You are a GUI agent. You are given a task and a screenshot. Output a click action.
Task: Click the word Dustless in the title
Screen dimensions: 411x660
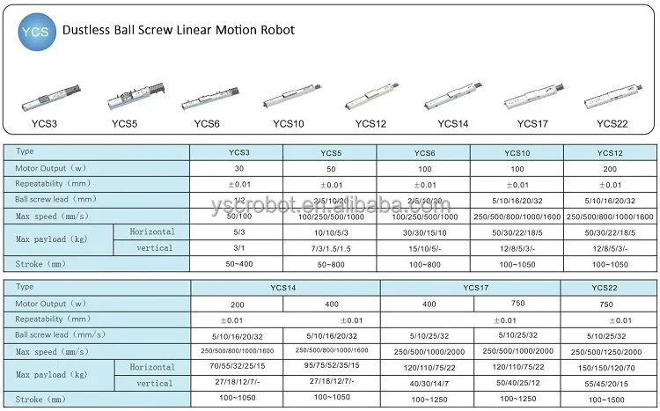click(86, 30)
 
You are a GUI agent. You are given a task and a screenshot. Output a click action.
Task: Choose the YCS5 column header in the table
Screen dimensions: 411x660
click(330, 150)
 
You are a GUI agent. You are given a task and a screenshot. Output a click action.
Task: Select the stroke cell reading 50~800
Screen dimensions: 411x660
click(330, 264)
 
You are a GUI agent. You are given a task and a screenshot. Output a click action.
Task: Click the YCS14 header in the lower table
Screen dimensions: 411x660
click(285, 287)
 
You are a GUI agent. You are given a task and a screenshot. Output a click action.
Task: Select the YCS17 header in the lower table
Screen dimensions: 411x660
click(470, 287)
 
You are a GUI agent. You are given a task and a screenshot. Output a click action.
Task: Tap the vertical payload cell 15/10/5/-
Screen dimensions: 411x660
click(423, 247)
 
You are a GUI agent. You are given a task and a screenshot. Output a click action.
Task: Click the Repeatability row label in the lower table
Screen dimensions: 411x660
click(53, 319)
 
